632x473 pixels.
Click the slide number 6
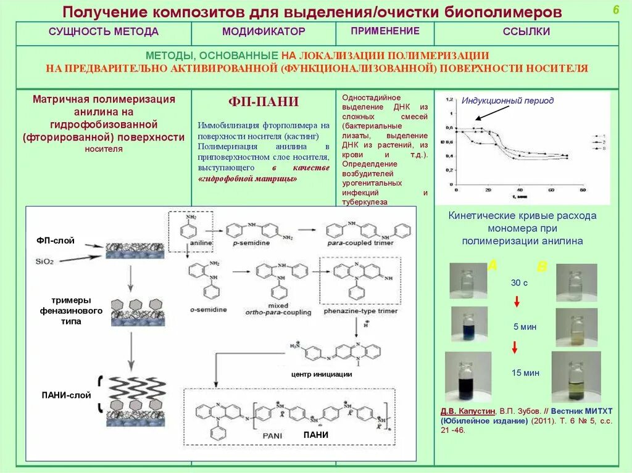pyautogui.click(x=615, y=10)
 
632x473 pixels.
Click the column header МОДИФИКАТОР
pyautogui.click(x=264, y=31)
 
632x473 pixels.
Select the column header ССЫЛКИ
pyautogui.click(x=526, y=31)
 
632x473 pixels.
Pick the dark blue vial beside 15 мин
pyautogui.click(x=468, y=376)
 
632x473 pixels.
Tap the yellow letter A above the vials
pyautogui.click(x=493, y=266)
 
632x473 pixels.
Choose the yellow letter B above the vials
pyautogui.click(x=541, y=267)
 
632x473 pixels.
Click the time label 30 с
pyautogui.click(x=519, y=283)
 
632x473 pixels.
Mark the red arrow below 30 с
pyautogui.click(x=517, y=302)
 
